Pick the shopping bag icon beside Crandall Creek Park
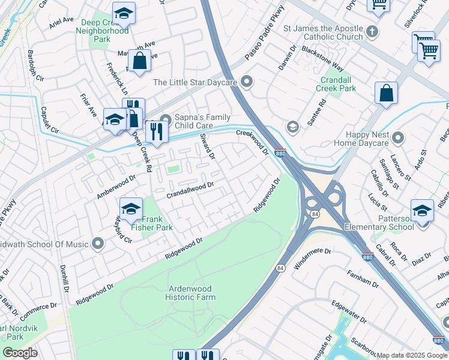(386, 93)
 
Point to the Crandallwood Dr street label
(190, 190)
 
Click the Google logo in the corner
(20, 353)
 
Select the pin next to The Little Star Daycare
(246, 82)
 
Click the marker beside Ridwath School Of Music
(97, 244)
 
